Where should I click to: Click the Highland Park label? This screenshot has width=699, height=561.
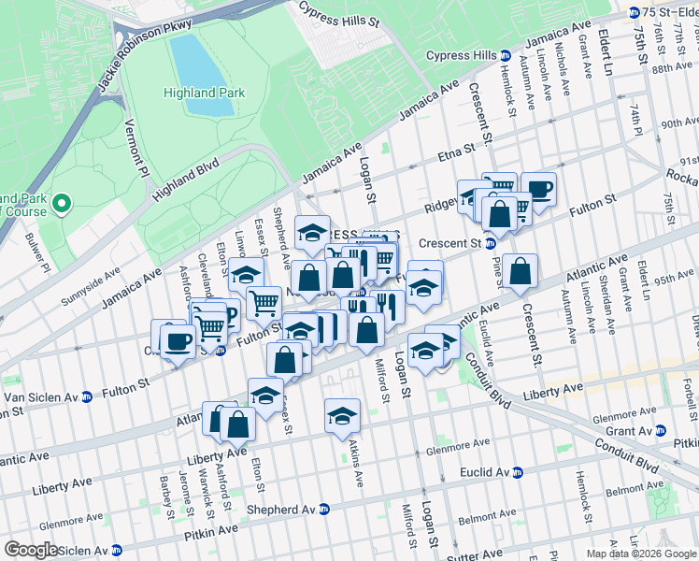pos(204,93)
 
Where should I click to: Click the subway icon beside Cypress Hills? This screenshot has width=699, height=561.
pos(505,56)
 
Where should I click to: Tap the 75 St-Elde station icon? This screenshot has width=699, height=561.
pos(635,12)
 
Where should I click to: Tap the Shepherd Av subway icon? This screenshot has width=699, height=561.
pos(323,510)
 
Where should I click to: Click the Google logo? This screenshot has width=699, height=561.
pos(31,550)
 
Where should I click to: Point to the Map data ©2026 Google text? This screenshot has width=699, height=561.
pos(640,554)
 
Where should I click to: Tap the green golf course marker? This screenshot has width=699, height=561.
pos(62,203)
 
